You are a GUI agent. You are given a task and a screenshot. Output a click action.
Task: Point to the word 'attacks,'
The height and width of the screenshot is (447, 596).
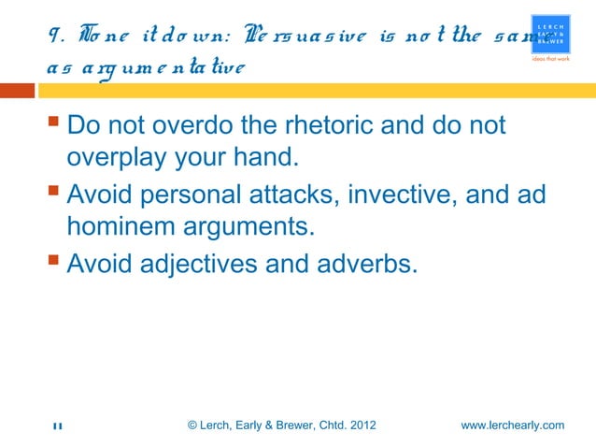[x=304, y=195]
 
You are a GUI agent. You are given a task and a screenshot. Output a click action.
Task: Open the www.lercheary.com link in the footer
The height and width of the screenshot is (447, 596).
[x=513, y=426]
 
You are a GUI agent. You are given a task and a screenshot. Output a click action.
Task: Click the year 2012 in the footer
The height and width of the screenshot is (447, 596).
[x=362, y=426]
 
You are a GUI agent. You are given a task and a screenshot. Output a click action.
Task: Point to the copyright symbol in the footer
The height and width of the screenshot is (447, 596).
[x=192, y=426]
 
